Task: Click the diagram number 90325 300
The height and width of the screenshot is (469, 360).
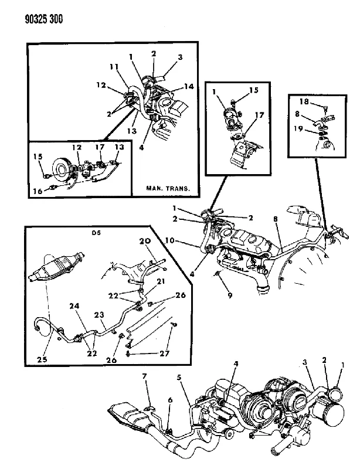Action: tap(43, 19)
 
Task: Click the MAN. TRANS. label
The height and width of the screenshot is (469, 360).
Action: tap(168, 188)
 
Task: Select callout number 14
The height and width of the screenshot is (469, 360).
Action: tap(189, 86)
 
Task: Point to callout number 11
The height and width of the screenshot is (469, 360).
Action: tap(114, 67)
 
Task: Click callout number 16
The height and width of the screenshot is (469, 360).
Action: tap(38, 191)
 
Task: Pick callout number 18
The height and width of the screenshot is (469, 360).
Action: tap(304, 101)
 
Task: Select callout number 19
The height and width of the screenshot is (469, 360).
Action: tap(298, 129)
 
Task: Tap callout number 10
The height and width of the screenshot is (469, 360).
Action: tap(169, 240)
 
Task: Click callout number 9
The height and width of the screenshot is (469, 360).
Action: tap(230, 296)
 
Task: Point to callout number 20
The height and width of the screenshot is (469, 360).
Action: tap(145, 241)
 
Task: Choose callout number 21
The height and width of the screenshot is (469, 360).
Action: tap(161, 281)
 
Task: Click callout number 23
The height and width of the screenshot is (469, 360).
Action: tap(99, 315)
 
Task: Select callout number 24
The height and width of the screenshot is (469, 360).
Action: tap(74, 306)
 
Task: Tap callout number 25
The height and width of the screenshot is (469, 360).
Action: tap(42, 359)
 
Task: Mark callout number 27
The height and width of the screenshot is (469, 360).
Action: tap(164, 354)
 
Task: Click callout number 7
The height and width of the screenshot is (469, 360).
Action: tap(145, 376)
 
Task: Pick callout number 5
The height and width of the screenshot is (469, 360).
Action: tap(179, 378)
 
